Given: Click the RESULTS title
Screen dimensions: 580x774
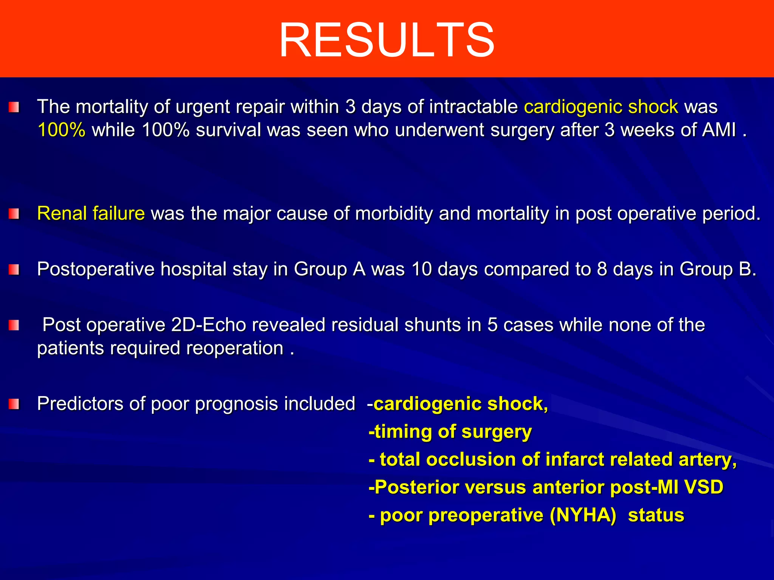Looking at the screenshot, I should [387, 40].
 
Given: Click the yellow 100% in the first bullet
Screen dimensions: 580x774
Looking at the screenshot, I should [62, 130].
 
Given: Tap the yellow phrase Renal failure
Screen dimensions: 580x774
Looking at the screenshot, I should [91, 214].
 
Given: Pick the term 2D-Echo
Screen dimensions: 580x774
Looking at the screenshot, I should [209, 325].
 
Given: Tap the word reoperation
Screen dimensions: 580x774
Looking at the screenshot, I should [235, 348].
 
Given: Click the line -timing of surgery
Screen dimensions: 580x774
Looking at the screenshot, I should [450, 432].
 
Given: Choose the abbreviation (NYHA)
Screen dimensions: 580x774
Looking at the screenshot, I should [583, 515].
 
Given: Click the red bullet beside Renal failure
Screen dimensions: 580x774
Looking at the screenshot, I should [14, 214].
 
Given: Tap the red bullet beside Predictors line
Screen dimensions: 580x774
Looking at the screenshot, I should [14, 404].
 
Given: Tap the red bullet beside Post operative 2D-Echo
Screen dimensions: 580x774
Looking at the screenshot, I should [14, 325].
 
